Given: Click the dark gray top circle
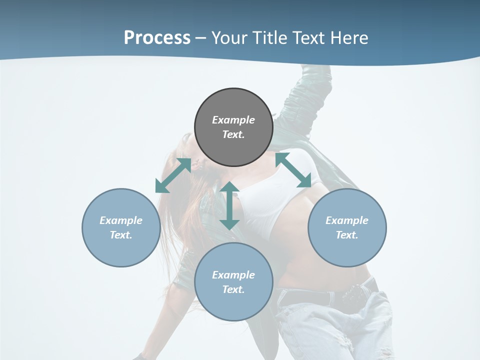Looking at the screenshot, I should click(233, 127).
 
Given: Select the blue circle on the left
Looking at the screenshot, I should click(121, 227).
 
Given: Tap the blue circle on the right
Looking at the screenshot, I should click(347, 227).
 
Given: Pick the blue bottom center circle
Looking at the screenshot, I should click(233, 282).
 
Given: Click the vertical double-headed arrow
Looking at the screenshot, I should click(229, 205).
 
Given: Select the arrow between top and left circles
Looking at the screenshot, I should click(173, 175).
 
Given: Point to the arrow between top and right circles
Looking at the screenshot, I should click(293, 170).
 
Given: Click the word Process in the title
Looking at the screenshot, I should click(157, 37).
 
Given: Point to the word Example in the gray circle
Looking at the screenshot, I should click(233, 120).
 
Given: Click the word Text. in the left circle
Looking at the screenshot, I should click(121, 235).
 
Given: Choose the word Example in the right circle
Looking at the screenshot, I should click(347, 220).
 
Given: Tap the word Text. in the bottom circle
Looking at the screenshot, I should click(233, 289).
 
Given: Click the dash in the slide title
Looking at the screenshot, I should click(201, 38).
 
